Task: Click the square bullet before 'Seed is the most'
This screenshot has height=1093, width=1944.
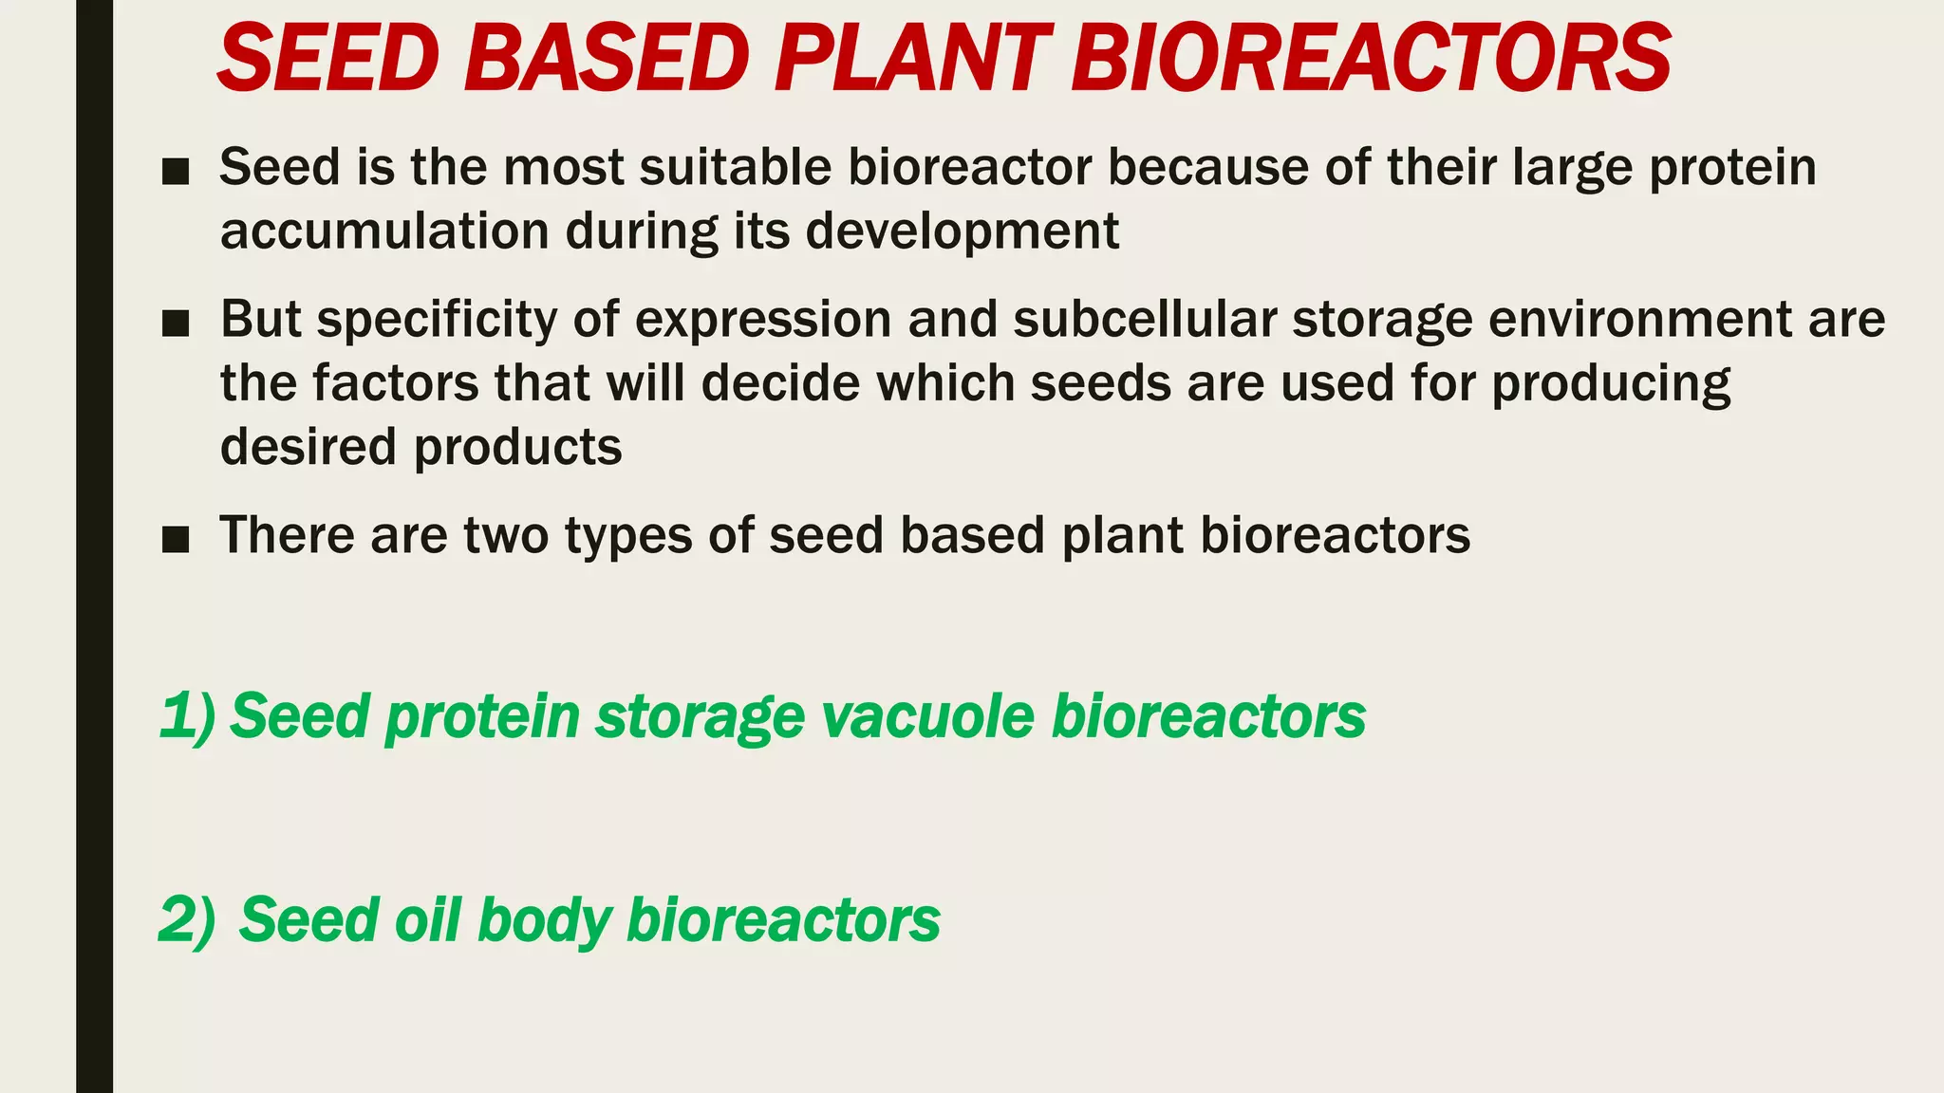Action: click(176, 172)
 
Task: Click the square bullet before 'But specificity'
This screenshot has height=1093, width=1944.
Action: click(176, 324)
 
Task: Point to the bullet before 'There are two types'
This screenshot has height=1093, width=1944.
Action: click(176, 540)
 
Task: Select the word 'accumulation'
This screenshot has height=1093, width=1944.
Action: click(384, 231)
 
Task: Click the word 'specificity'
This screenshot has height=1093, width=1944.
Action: click(437, 321)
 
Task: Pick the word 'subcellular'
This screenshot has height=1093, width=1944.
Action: click(1144, 319)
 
